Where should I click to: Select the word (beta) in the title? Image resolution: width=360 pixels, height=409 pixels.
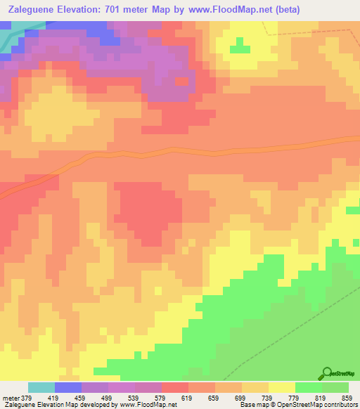click(x=298, y=10)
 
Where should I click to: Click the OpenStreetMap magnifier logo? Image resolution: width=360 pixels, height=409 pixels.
click(x=328, y=373)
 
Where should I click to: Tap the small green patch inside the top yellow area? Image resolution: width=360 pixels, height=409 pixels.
click(x=240, y=48)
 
